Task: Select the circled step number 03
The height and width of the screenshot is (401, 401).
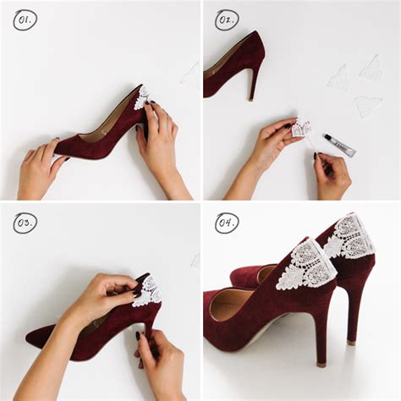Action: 25,222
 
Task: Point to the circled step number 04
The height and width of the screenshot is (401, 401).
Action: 226,222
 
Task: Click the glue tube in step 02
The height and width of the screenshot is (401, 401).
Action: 338,145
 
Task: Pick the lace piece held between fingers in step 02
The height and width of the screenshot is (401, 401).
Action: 300,128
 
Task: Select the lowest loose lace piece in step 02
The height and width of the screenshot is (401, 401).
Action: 367,105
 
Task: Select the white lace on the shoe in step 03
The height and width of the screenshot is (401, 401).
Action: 148,292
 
